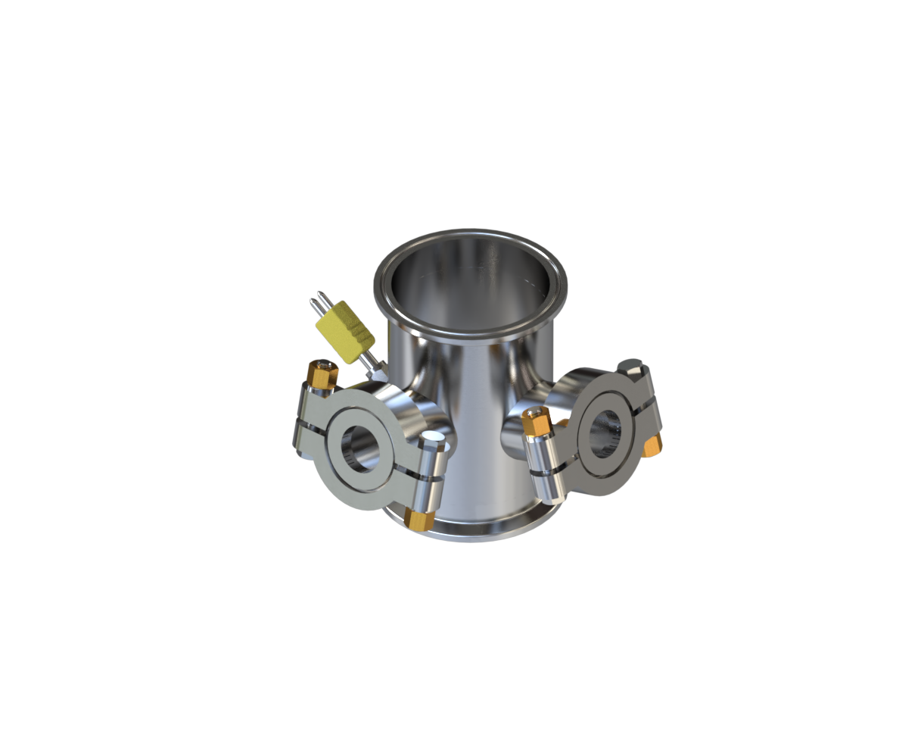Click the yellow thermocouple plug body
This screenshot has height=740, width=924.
[x=344, y=331]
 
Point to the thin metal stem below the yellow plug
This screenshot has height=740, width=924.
[x=369, y=361]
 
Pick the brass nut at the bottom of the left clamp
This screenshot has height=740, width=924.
[x=418, y=519]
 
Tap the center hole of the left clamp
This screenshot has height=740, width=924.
[x=360, y=448]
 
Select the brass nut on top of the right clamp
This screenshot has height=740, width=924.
[x=536, y=421]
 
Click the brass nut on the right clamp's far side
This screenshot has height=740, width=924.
[x=652, y=445]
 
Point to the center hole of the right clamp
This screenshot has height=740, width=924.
[x=604, y=434]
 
